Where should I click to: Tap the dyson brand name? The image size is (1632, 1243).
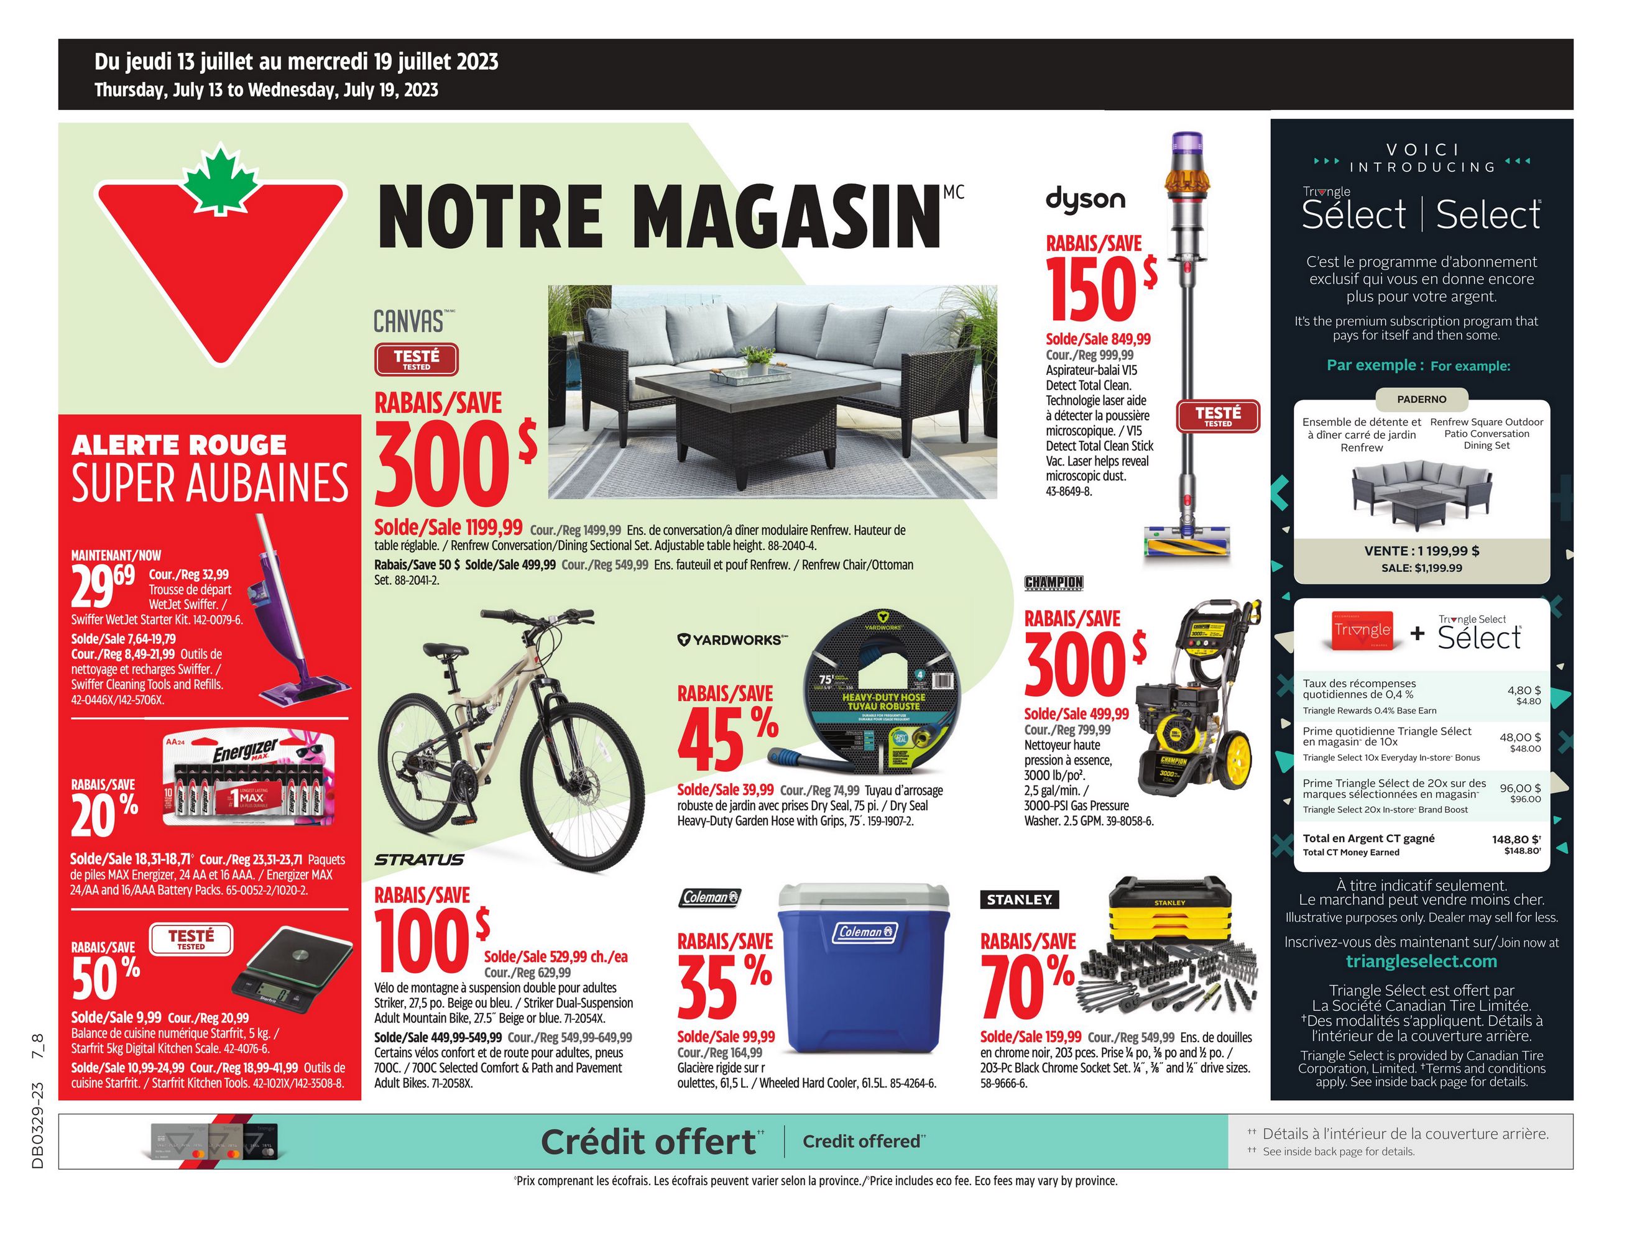point(1085,200)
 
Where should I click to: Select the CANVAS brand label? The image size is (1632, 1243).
point(409,321)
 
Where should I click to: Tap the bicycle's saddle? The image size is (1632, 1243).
point(446,649)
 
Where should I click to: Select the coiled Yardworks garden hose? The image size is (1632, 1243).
point(882,690)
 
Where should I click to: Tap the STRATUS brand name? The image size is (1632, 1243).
point(419,860)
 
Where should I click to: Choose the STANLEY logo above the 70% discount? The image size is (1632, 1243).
point(1019,900)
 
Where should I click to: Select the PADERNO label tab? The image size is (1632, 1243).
point(1421,400)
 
